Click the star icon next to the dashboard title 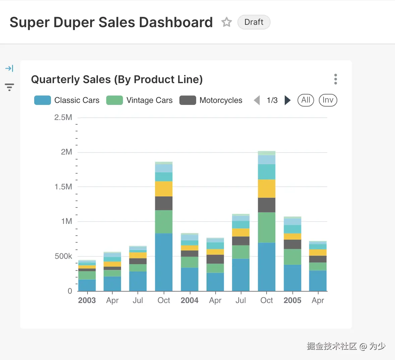(227, 22)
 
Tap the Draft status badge (254, 22)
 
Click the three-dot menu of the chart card (336, 79)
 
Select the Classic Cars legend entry (67, 100)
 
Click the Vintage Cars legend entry (139, 100)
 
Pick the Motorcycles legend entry (211, 100)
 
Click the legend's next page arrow (287, 100)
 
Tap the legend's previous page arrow (257, 100)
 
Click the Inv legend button (328, 100)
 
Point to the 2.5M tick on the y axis (63, 118)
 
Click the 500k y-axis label (63, 256)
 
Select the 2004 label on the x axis (189, 300)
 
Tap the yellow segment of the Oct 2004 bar (267, 188)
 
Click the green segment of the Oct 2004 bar (267, 227)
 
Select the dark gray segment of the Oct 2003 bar (164, 203)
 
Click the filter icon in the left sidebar (9, 87)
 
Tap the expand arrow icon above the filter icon (9, 68)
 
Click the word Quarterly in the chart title (54, 79)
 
